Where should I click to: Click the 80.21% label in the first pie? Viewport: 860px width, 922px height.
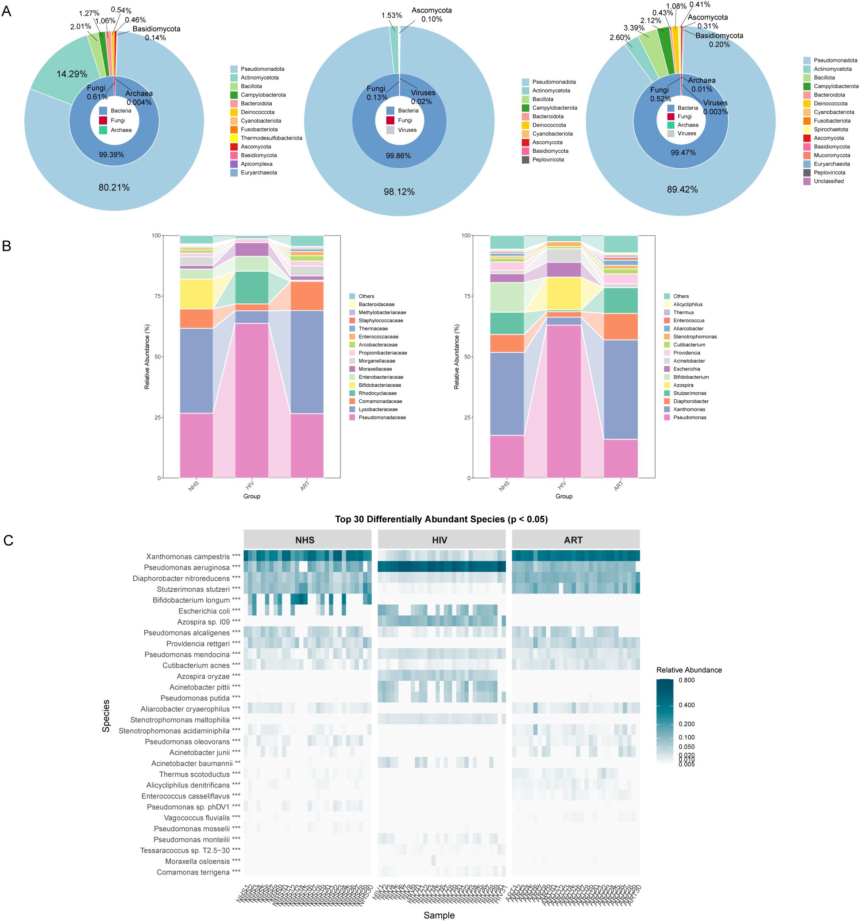point(114,187)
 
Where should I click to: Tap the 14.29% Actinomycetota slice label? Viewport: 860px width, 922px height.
point(72,74)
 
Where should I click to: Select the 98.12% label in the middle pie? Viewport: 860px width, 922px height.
point(399,192)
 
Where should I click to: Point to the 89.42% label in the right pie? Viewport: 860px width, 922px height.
point(682,189)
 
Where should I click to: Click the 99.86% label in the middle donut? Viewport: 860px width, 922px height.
point(398,156)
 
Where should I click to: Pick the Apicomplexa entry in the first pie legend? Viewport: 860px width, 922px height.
point(256,164)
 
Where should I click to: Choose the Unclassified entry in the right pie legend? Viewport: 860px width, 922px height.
point(829,181)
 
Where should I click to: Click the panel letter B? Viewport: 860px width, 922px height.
point(7,246)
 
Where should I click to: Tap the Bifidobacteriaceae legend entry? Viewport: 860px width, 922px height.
point(379,385)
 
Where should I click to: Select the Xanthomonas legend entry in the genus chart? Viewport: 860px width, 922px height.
point(689,409)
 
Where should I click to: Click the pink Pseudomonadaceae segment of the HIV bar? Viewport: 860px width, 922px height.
point(251,399)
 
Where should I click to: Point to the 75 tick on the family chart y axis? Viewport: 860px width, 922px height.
point(156,296)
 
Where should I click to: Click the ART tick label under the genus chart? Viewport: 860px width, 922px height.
point(619,485)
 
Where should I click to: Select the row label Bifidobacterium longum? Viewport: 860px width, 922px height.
point(191,600)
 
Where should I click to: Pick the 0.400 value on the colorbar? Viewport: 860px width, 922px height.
point(686,705)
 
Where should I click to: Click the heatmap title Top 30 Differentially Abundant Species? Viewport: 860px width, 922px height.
point(441,519)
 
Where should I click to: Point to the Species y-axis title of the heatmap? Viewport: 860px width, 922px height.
point(106,716)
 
